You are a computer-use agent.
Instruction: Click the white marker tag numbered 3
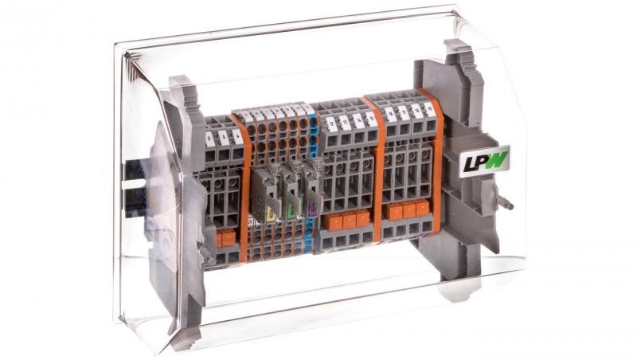(224, 137)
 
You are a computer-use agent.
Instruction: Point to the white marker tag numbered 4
(236, 135)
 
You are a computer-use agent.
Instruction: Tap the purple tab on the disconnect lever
(312, 209)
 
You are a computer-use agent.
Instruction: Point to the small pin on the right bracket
(507, 203)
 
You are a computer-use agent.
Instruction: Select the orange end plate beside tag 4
(244, 183)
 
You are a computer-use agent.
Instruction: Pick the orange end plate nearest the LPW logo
(438, 159)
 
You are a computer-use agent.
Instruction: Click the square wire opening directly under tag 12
(328, 141)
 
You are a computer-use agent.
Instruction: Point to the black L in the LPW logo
(469, 164)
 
